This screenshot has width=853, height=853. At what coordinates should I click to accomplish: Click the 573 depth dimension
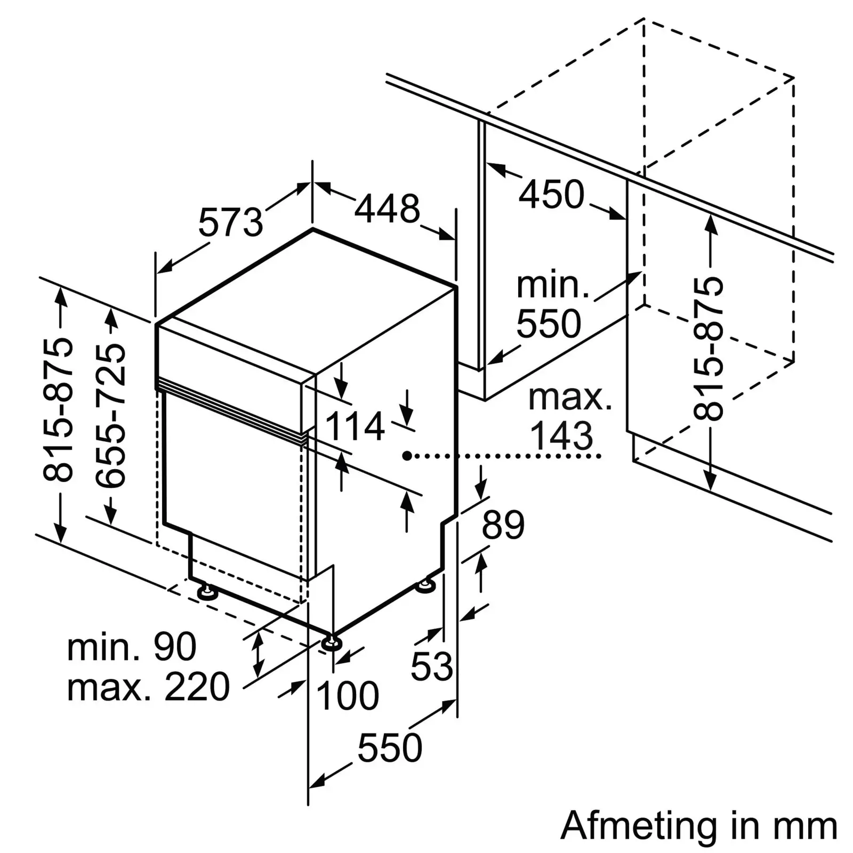tap(231, 222)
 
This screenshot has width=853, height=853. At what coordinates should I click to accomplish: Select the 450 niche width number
tap(552, 194)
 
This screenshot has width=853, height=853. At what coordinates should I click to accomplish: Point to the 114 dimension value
tap(355, 426)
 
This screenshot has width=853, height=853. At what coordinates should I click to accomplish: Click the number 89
tap(503, 525)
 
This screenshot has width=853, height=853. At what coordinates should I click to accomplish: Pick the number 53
tap(432, 666)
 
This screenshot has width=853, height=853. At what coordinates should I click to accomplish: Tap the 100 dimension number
tap(348, 696)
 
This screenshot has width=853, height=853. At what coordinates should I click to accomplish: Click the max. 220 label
tap(148, 687)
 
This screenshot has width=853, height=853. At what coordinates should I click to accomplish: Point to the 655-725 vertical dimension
tap(111, 415)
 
